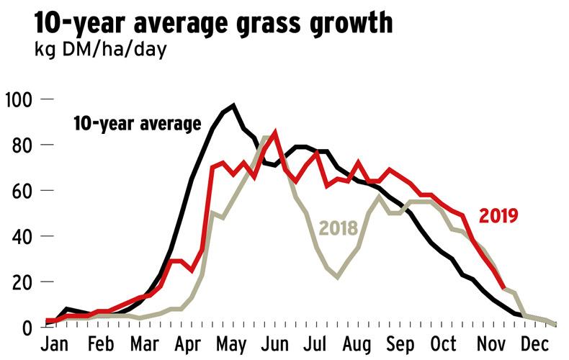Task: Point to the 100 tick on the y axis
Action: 17,99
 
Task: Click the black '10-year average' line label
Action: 137,124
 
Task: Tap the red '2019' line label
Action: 498,215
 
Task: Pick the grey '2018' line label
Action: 339,229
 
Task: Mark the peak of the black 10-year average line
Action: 233,106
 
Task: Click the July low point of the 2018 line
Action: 337,277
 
